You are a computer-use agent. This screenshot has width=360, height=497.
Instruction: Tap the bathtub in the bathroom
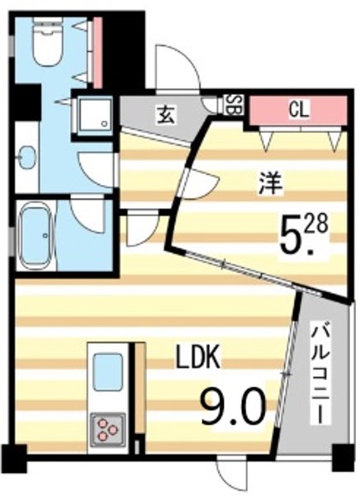tap(38, 237)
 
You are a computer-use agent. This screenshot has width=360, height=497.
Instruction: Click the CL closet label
tap(297, 108)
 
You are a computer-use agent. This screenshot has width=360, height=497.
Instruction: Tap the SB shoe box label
tap(234, 106)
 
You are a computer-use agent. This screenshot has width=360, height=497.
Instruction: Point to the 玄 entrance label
tap(166, 114)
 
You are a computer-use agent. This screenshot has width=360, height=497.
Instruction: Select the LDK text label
tap(199, 359)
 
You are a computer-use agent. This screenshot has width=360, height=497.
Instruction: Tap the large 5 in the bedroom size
tap(292, 235)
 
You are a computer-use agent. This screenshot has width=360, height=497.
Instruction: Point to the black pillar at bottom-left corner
tap(12, 457)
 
